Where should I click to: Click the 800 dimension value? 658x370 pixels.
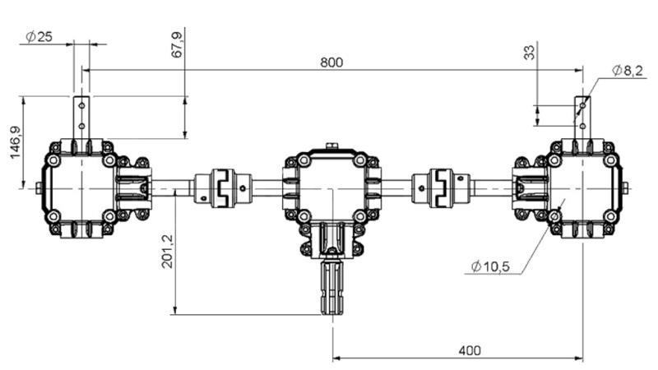coord(332,62)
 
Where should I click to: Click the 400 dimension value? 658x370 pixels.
coord(470,350)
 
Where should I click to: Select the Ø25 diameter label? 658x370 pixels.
coord(39,37)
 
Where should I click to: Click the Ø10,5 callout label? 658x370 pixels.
coord(492,266)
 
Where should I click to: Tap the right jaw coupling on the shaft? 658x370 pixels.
coord(444,187)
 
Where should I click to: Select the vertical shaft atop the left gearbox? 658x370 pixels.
coord(81,117)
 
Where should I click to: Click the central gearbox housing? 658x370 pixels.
coord(332,185)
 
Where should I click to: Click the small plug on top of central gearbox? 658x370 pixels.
coord(332,147)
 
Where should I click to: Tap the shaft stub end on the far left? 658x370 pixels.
coord(39,187)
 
